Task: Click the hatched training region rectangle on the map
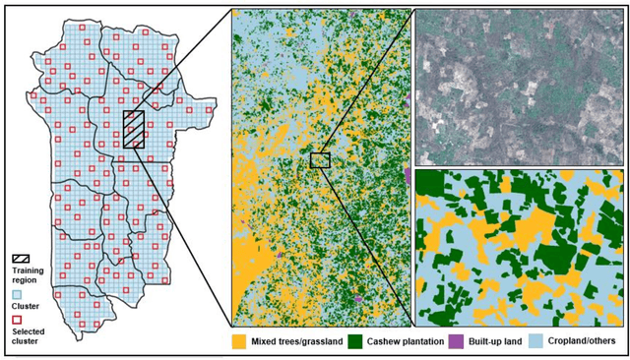click(x=133, y=130)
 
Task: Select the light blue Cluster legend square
click(x=17, y=292)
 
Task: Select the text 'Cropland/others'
click(x=582, y=342)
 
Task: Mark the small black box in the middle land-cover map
click(x=319, y=160)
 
